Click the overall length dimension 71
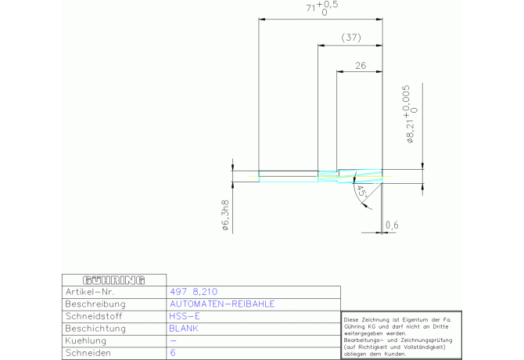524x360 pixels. tap(310, 8)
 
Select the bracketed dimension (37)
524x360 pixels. tap(351, 37)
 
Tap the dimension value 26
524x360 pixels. tap(361, 66)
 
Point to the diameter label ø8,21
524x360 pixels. tap(410, 131)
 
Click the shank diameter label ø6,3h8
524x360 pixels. tap(225, 215)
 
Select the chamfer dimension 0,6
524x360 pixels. tap(392, 225)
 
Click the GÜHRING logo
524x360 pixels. tap(113, 280)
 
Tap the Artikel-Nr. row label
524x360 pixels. tap(90, 292)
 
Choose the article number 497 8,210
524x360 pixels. tap(193, 292)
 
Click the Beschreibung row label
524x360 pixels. tap(95, 304)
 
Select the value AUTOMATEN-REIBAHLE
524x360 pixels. tap(222, 304)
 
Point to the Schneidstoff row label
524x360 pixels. tap(94, 316)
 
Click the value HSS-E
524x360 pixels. tap(185, 316)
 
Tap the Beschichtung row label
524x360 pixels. tap(95, 329)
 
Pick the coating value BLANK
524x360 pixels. tap(184, 329)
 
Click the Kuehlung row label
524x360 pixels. tap(85, 341)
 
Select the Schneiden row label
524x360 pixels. tap(88, 353)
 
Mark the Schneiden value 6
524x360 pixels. tap(172, 353)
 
